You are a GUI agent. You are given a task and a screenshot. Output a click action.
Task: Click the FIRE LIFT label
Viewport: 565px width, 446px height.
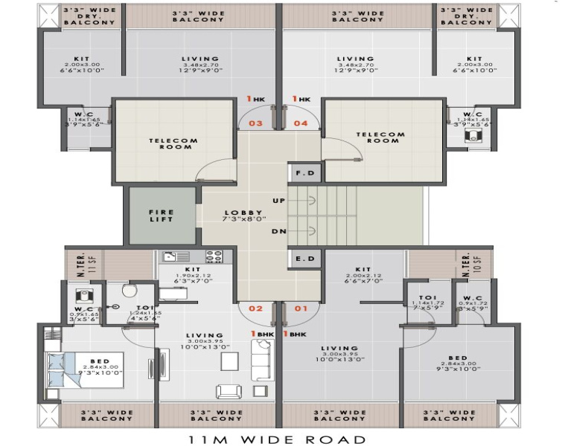pyautogui.click(x=162, y=215)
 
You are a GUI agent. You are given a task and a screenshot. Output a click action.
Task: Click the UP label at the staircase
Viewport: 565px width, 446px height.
pyautogui.click(x=279, y=201)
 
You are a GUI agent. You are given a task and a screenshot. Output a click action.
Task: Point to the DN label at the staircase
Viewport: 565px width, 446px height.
pyautogui.click(x=279, y=232)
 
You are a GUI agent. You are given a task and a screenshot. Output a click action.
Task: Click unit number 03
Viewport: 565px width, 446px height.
pyautogui.click(x=255, y=123)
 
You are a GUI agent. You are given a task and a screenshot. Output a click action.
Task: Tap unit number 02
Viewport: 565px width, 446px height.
pyautogui.click(x=255, y=308)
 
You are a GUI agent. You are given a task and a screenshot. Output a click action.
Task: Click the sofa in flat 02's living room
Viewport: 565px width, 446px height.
pyautogui.click(x=261, y=361)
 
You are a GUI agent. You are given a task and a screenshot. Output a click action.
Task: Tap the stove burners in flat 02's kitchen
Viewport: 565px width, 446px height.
pyautogui.click(x=214, y=256)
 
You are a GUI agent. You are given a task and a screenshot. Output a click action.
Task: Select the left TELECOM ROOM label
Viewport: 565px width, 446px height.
pyautogui.click(x=173, y=143)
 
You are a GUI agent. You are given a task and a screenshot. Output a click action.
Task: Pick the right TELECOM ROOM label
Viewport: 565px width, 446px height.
pyautogui.click(x=380, y=138)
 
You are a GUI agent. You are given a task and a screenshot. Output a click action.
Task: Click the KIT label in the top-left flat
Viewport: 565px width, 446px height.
pyautogui.click(x=81, y=59)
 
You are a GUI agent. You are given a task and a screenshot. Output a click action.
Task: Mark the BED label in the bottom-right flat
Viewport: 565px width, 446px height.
pyautogui.click(x=458, y=358)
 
